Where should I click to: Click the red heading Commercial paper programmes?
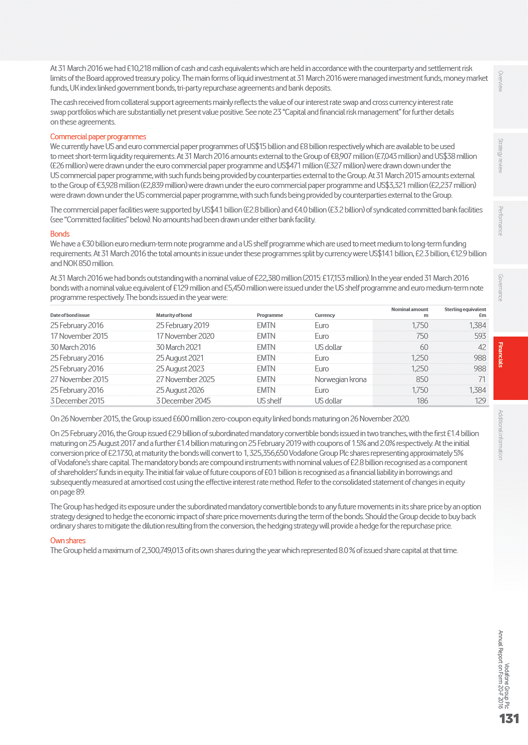98,137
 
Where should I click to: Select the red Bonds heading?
60,234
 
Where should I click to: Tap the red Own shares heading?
68,541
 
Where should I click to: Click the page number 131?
509,719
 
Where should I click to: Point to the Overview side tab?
501,81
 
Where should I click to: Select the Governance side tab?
501,288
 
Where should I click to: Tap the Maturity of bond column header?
174,315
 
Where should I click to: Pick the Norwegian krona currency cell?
341,379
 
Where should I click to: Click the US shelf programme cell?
269,401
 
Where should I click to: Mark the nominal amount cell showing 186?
422,401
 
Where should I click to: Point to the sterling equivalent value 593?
480,336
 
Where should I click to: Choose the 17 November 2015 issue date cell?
79,336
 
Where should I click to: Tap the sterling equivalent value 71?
482,379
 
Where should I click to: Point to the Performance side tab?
501,221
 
